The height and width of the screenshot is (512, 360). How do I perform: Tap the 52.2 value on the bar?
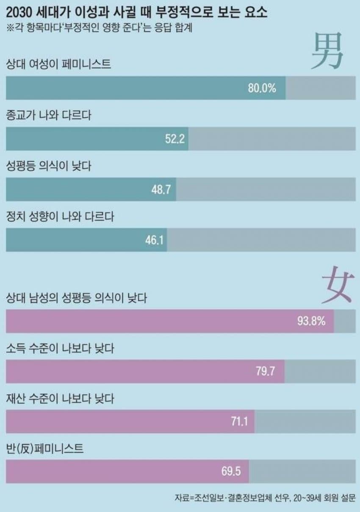(x=174, y=139)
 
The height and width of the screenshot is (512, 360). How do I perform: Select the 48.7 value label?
(x=161, y=189)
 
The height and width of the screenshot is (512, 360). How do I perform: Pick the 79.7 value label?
(x=266, y=372)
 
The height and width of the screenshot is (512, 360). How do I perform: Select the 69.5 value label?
(x=231, y=471)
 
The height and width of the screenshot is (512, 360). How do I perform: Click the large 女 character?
(x=336, y=284)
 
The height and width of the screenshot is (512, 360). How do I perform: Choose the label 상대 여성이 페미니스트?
(x=59, y=65)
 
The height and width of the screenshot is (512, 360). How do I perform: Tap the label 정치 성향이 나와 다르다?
(x=61, y=216)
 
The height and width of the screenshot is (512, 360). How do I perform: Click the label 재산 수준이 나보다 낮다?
(x=60, y=399)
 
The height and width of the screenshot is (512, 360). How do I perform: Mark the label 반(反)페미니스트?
(x=45, y=449)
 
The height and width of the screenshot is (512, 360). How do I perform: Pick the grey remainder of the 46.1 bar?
(x=261, y=240)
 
